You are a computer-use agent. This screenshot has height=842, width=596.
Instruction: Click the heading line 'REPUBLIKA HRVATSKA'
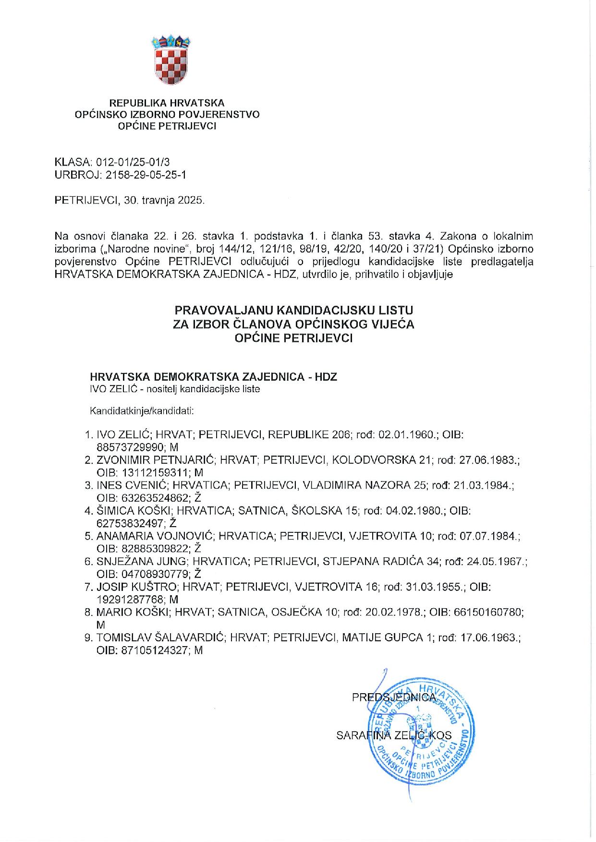(x=167, y=103)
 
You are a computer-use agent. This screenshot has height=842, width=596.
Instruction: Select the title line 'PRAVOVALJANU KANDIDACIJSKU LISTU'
(x=293, y=310)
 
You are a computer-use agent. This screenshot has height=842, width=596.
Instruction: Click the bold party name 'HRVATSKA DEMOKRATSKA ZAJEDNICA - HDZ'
(x=214, y=377)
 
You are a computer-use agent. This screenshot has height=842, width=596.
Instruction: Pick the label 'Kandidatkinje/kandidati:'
(x=142, y=411)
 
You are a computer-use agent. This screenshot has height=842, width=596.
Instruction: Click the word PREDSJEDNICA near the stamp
(x=394, y=697)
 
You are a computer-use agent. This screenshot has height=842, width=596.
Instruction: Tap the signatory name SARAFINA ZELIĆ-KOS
(x=394, y=735)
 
